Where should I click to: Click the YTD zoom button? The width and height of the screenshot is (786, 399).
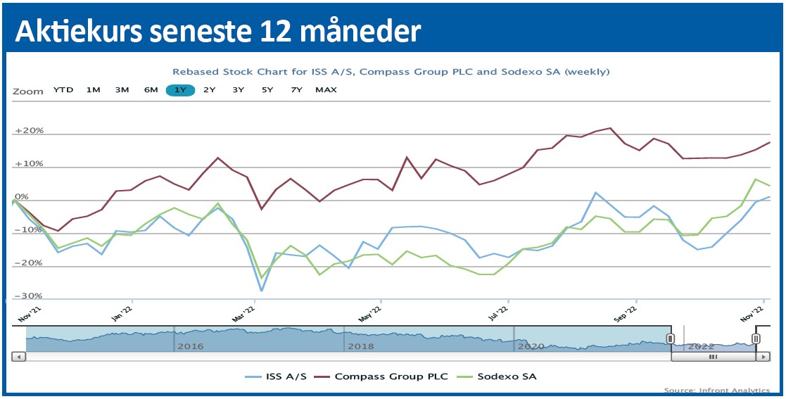click(63, 90)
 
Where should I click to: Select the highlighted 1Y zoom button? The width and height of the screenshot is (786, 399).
click(180, 90)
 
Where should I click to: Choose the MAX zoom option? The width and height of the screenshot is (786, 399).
click(326, 90)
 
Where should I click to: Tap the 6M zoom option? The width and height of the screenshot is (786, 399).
click(151, 90)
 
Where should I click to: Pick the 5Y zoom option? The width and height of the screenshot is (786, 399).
click(267, 90)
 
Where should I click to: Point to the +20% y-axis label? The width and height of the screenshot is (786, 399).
click(29, 131)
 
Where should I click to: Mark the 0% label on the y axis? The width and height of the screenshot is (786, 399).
click(21, 197)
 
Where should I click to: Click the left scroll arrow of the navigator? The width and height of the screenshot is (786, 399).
click(18, 357)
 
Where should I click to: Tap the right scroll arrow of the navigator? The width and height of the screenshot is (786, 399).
click(762, 357)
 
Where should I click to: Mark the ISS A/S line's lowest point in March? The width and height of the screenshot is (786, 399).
click(262, 291)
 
